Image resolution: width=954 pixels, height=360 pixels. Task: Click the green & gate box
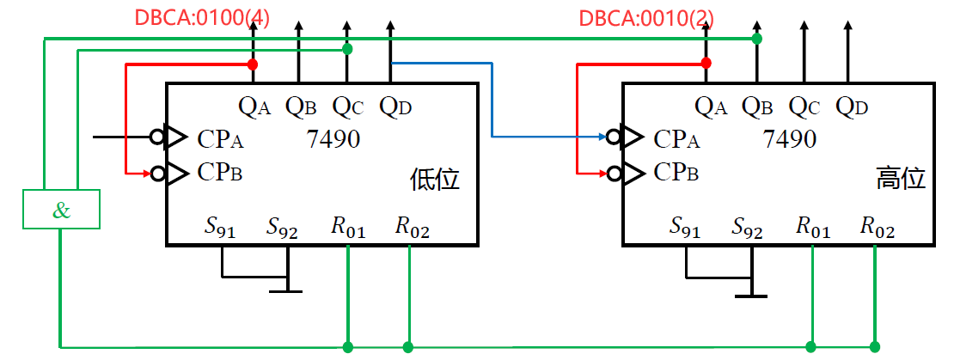tap(61, 210)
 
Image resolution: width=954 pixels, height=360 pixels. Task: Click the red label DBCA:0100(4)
tap(201, 18)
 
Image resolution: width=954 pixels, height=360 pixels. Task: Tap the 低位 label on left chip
tap(435, 180)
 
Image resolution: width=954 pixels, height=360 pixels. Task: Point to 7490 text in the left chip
tap(333, 138)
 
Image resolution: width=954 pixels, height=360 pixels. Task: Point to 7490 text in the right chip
tap(790, 138)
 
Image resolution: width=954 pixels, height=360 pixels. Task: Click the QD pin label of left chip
tap(396, 107)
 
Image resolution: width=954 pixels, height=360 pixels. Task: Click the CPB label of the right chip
tap(676, 173)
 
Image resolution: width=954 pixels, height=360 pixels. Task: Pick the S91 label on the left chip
tap(220, 228)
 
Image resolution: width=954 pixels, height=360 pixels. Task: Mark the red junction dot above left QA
tap(252, 64)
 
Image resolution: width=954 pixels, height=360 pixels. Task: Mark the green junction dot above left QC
tap(347, 49)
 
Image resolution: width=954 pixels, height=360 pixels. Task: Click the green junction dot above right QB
tap(756, 39)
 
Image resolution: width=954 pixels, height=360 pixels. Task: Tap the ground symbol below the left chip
tap(286, 290)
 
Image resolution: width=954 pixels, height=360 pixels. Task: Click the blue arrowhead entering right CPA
tap(599, 136)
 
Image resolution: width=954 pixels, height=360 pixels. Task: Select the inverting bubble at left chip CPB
tap(157, 173)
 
